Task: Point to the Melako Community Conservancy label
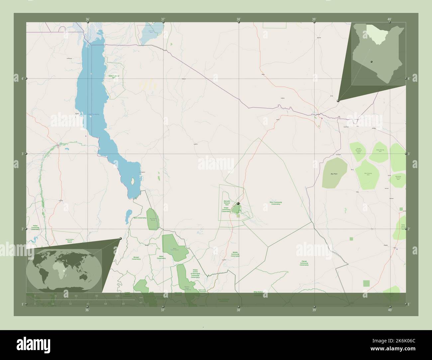click(235, 254)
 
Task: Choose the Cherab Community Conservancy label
click(304, 263)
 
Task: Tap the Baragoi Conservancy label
click(136, 258)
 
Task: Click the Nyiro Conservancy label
click(140, 218)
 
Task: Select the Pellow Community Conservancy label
click(35, 227)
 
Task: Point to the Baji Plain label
click(334, 174)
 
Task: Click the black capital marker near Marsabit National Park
click(238, 204)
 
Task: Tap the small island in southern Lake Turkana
click(133, 181)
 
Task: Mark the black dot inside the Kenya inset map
click(372, 61)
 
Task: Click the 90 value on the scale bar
click(96, 296)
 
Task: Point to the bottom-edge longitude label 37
click(162, 310)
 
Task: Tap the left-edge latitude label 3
click(22, 154)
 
